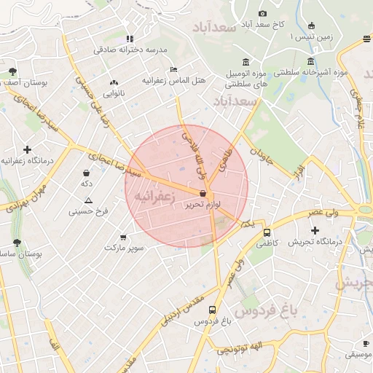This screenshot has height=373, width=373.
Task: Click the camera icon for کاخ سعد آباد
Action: pyautogui.click(x=262, y=13)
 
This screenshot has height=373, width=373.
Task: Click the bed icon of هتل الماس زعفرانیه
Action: pyautogui.click(x=173, y=69)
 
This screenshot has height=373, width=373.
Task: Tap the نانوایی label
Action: pyautogui.click(x=114, y=93)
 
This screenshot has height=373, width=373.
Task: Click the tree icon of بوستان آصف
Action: pyautogui.click(x=12, y=71)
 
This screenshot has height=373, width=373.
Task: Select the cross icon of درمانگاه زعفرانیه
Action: pyautogui.click(x=28, y=149)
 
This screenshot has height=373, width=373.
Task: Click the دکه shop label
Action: pyautogui.click(x=88, y=185)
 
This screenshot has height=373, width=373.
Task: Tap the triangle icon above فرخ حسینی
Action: pyautogui.click(x=88, y=200)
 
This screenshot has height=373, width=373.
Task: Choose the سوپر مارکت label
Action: pyautogui.click(x=123, y=248)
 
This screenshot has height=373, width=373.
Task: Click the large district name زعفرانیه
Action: pyautogui.click(x=157, y=196)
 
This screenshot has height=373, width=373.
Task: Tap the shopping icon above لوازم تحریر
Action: pyautogui.click(x=202, y=192)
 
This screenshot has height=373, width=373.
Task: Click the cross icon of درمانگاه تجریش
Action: pyautogui.click(x=315, y=230)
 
